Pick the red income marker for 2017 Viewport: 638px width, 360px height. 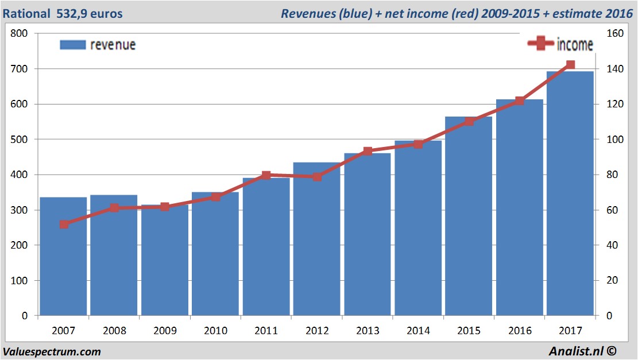click(570, 65)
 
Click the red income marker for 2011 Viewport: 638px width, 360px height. click(266, 175)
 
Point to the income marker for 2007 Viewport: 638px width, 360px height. click(64, 224)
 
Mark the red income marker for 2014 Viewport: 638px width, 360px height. click(418, 144)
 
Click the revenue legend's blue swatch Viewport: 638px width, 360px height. click(72, 45)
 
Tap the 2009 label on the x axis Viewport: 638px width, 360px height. click(165, 331)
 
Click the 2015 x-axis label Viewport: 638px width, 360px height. click(469, 331)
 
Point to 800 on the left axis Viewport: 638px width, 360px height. click(20, 33)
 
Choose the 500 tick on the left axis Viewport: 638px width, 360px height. click(20, 140)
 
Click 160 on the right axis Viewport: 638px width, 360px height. click(614, 33)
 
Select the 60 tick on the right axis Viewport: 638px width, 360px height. click(612, 210)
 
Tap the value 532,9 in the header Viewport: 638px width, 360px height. click(72, 13)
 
